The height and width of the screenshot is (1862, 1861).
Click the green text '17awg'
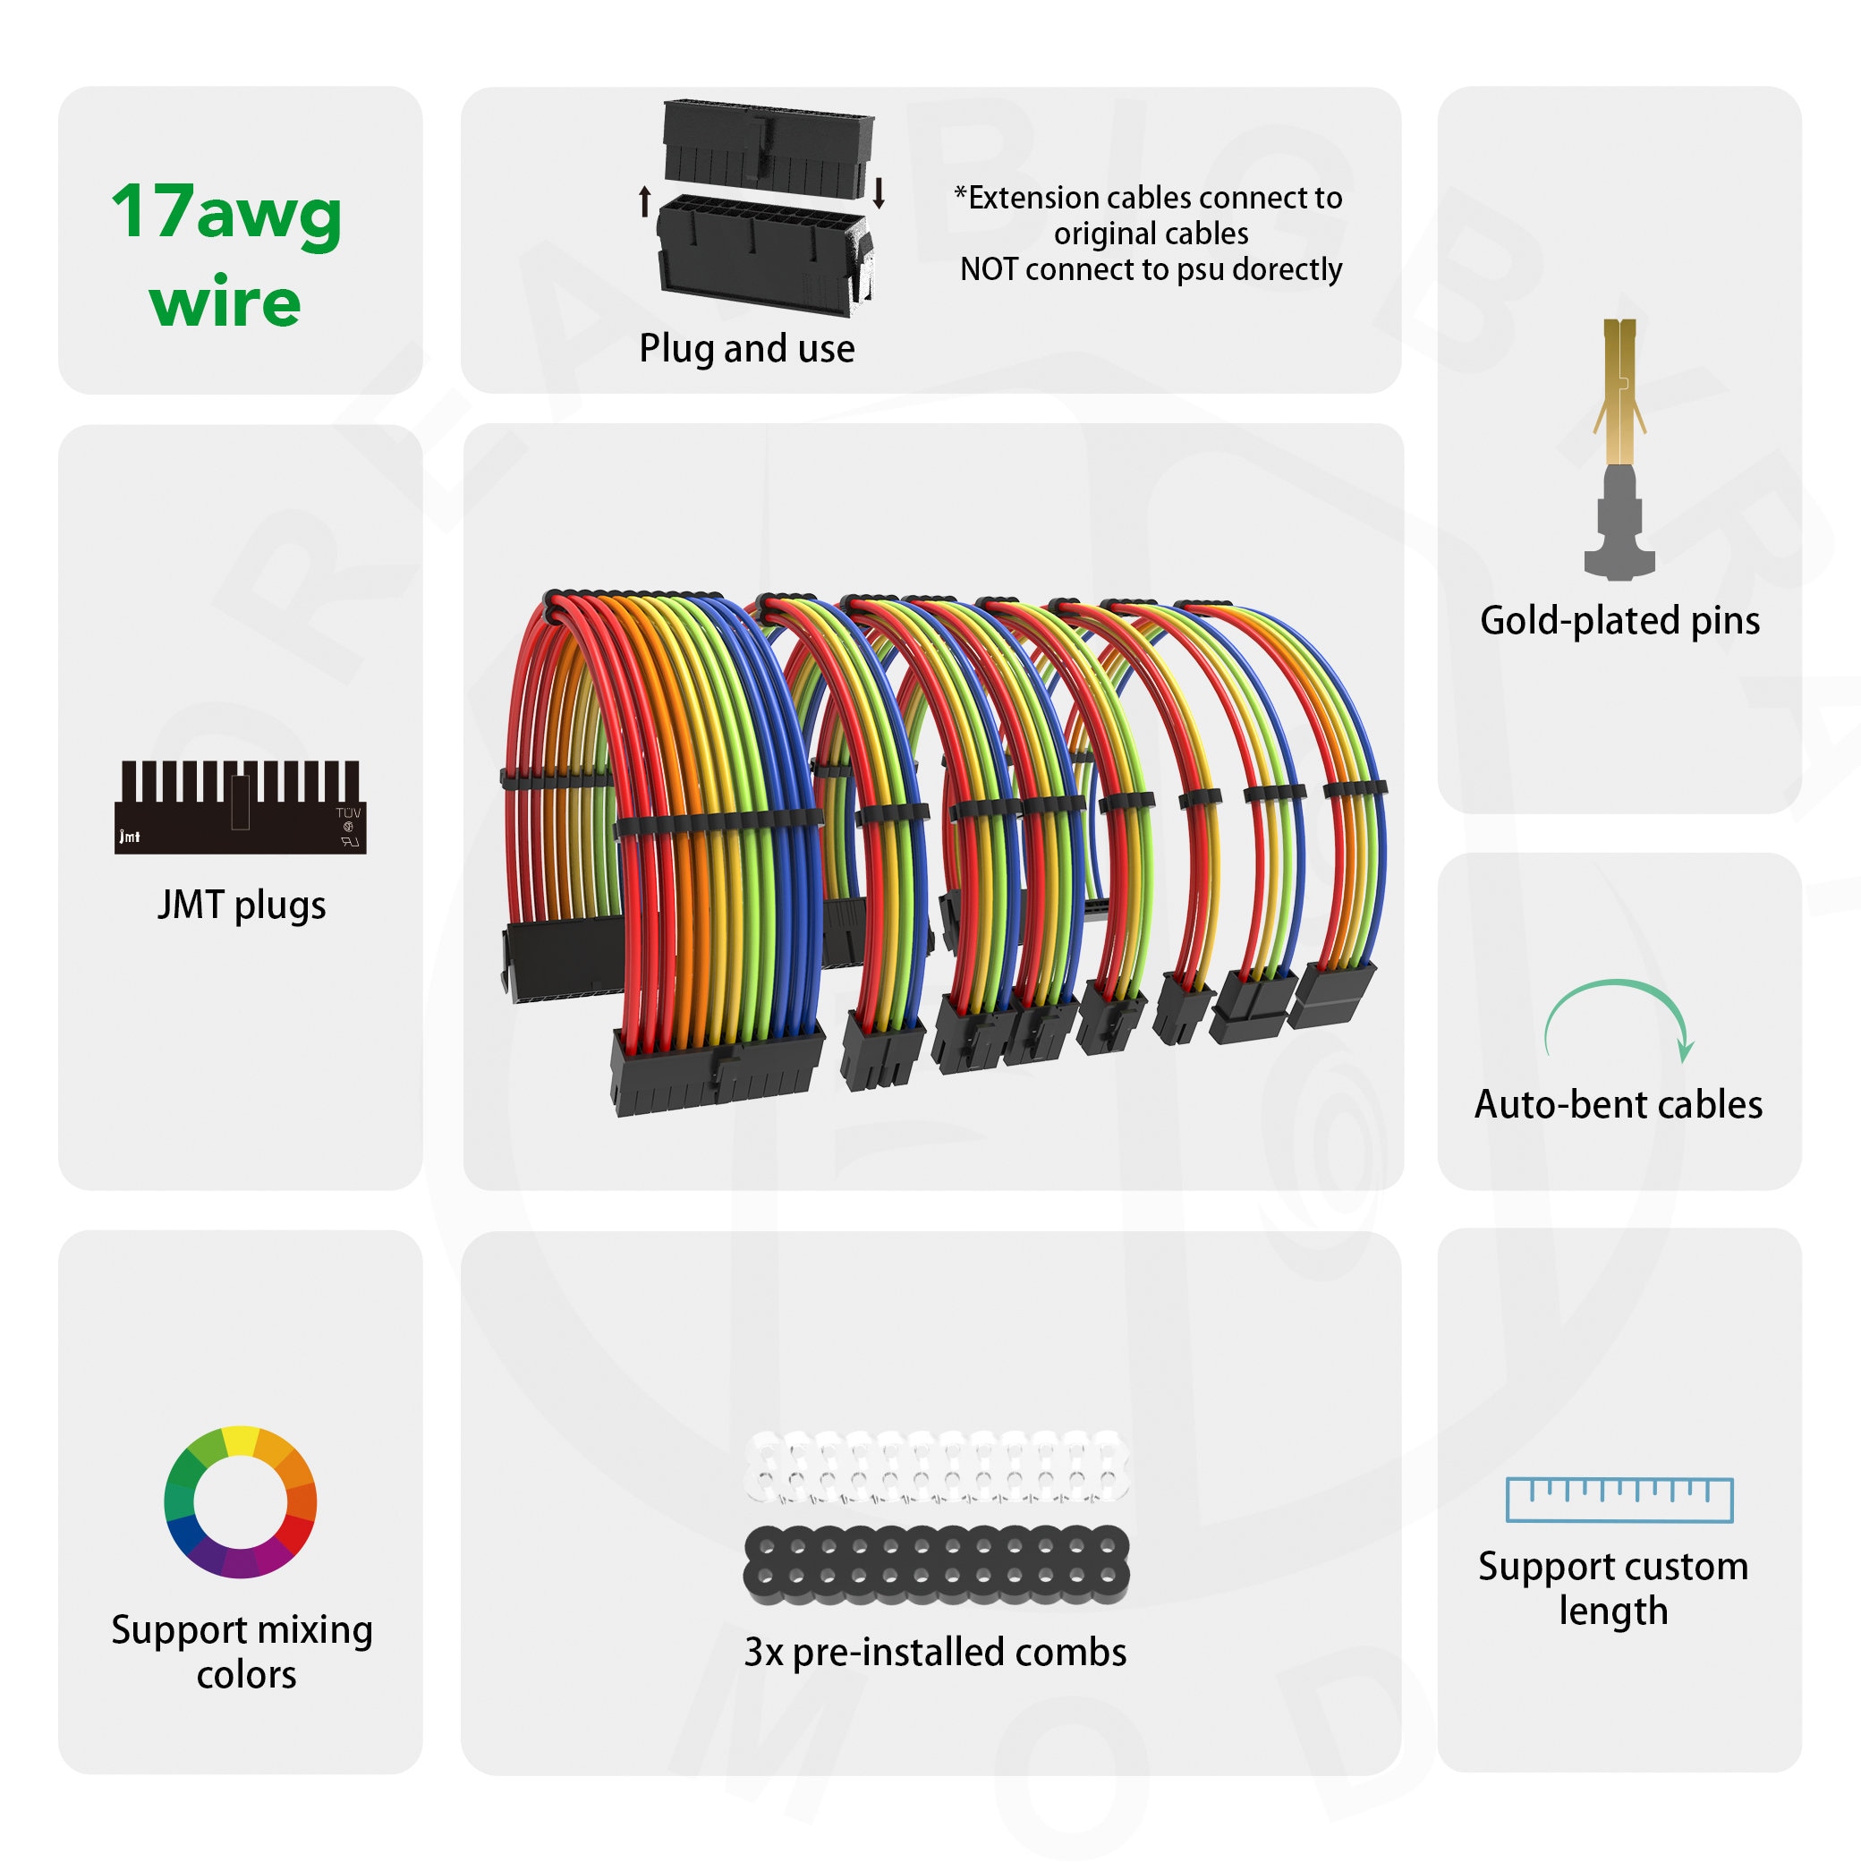(x=226, y=212)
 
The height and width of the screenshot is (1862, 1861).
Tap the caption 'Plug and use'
(x=746, y=349)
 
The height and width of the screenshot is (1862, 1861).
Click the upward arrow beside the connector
(x=645, y=201)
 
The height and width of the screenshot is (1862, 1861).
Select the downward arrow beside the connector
(x=878, y=192)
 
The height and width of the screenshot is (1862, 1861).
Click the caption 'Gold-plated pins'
(x=1619, y=621)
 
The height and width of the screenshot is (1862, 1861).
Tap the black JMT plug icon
(x=240, y=808)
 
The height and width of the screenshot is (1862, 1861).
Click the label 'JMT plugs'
(x=241, y=905)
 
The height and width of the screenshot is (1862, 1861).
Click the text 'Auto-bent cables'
(x=1619, y=1104)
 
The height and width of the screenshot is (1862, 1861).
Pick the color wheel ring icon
(x=240, y=1502)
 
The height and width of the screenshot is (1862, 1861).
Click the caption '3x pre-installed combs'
(x=935, y=1652)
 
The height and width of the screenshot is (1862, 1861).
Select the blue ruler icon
(x=1619, y=1500)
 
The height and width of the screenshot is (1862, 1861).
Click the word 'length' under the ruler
(x=1613, y=1611)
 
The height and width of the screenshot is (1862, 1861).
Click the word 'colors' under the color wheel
(x=247, y=1675)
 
